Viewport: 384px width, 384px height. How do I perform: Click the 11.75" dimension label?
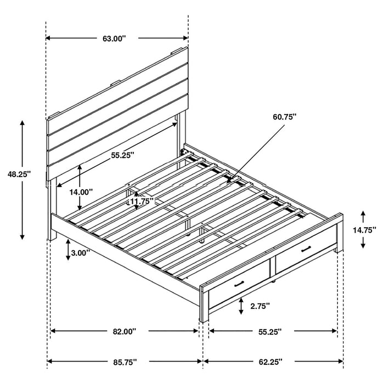pos(141,201)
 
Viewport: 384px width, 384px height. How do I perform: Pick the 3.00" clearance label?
pos(80,253)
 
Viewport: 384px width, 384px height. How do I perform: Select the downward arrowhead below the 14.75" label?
pos(363,245)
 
